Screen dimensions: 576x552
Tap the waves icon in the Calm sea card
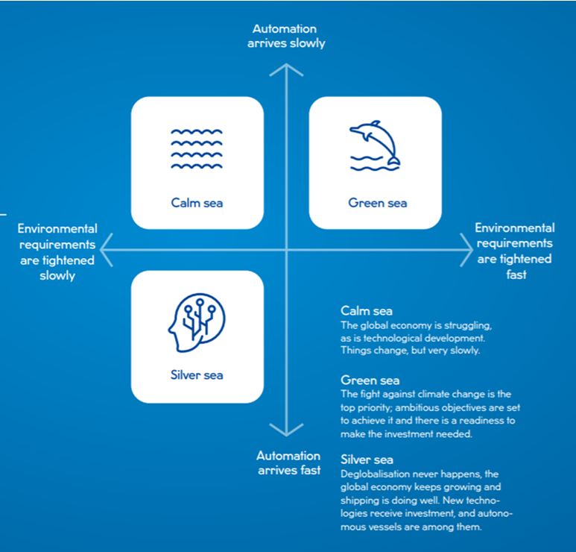(x=197, y=149)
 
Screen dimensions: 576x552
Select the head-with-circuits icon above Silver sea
(x=197, y=322)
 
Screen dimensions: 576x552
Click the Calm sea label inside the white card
(x=197, y=203)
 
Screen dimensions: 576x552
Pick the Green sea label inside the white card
(x=378, y=203)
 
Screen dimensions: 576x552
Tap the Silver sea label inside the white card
(x=197, y=374)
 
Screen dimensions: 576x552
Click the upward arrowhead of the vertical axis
(x=286, y=69)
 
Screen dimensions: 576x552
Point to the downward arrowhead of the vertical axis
(x=286, y=430)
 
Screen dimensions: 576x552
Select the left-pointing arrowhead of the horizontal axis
(x=107, y=250)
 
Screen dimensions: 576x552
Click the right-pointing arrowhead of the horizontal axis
(x=466, y=250)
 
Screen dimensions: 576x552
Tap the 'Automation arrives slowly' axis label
(x=286, y=36)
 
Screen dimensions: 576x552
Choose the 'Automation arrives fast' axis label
(x=288, y=462)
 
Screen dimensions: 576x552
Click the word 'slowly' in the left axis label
(x=57, y=276)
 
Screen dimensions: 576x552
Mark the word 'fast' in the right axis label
(x=516, y=275)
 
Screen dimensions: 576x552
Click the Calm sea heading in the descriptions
(x=367, y=311)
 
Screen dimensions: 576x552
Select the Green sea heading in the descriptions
(x=370, y=380)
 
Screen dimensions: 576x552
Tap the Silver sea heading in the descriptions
(x=367, y=460)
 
